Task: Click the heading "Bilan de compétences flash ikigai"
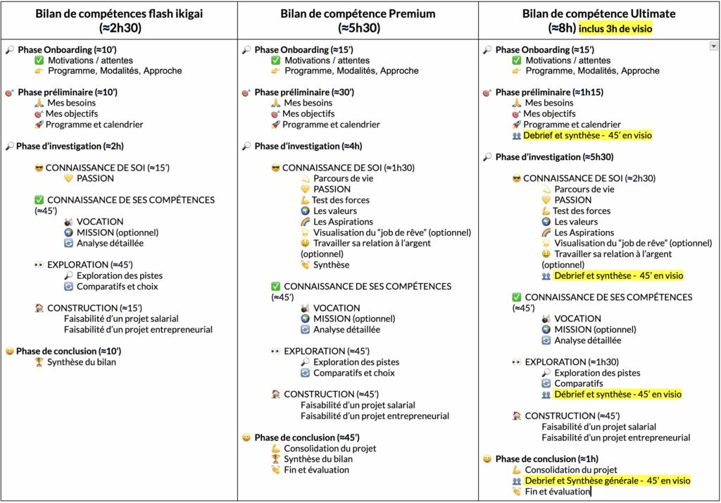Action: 119,14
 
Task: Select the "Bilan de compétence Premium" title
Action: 358,14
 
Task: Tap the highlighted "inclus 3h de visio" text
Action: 615,29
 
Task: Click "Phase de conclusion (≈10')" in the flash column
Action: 69,351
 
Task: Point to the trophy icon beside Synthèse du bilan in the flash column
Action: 39,362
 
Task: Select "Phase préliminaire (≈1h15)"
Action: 549,92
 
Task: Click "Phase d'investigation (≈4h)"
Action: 308,147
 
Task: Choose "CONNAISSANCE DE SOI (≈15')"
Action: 108,168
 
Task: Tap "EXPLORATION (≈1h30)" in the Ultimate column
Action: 572,362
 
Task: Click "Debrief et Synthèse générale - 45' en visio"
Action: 608,481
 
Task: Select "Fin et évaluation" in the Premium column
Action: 316,470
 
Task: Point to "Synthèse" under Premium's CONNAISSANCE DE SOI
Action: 331,265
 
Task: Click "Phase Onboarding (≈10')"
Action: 67,50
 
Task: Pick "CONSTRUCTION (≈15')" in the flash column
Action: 95,309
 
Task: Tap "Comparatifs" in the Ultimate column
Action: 579,384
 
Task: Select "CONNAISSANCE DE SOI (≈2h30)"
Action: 589,178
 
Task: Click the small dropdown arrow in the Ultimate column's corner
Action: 714,46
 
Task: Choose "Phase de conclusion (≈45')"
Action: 307,437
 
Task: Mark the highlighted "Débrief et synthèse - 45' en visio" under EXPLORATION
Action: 617,395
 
